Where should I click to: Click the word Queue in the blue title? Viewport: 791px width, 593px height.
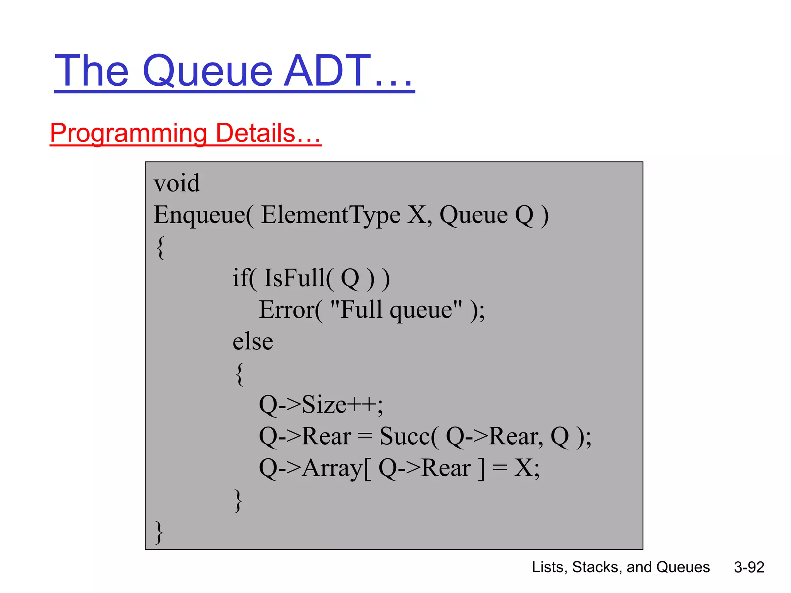[x=208, y=71]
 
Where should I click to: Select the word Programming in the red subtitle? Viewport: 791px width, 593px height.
[x=129, y=134]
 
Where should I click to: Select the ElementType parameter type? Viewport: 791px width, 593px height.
[x=331, y=215]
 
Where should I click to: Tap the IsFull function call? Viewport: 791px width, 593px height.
[x=294, y=278]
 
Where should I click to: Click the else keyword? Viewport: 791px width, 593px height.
[x=253, y=341]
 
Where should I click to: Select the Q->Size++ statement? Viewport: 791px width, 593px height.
[x=321, y=405]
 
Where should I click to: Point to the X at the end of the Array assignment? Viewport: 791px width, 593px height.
[x=523, y=468]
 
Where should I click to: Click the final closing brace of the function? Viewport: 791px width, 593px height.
[x=159, y=532]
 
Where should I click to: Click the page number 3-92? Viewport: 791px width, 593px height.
[x=749, y=567]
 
